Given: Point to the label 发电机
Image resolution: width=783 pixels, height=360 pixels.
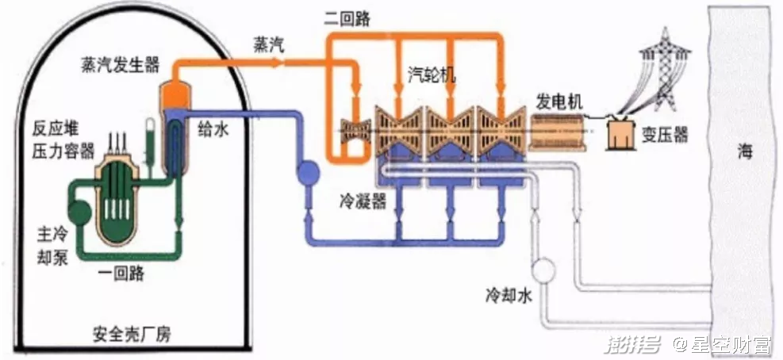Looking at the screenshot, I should click(559, 101).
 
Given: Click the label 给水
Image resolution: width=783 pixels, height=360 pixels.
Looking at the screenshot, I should click(212, 130).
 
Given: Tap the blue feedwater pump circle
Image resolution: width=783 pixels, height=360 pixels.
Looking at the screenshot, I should click(306, 170).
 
